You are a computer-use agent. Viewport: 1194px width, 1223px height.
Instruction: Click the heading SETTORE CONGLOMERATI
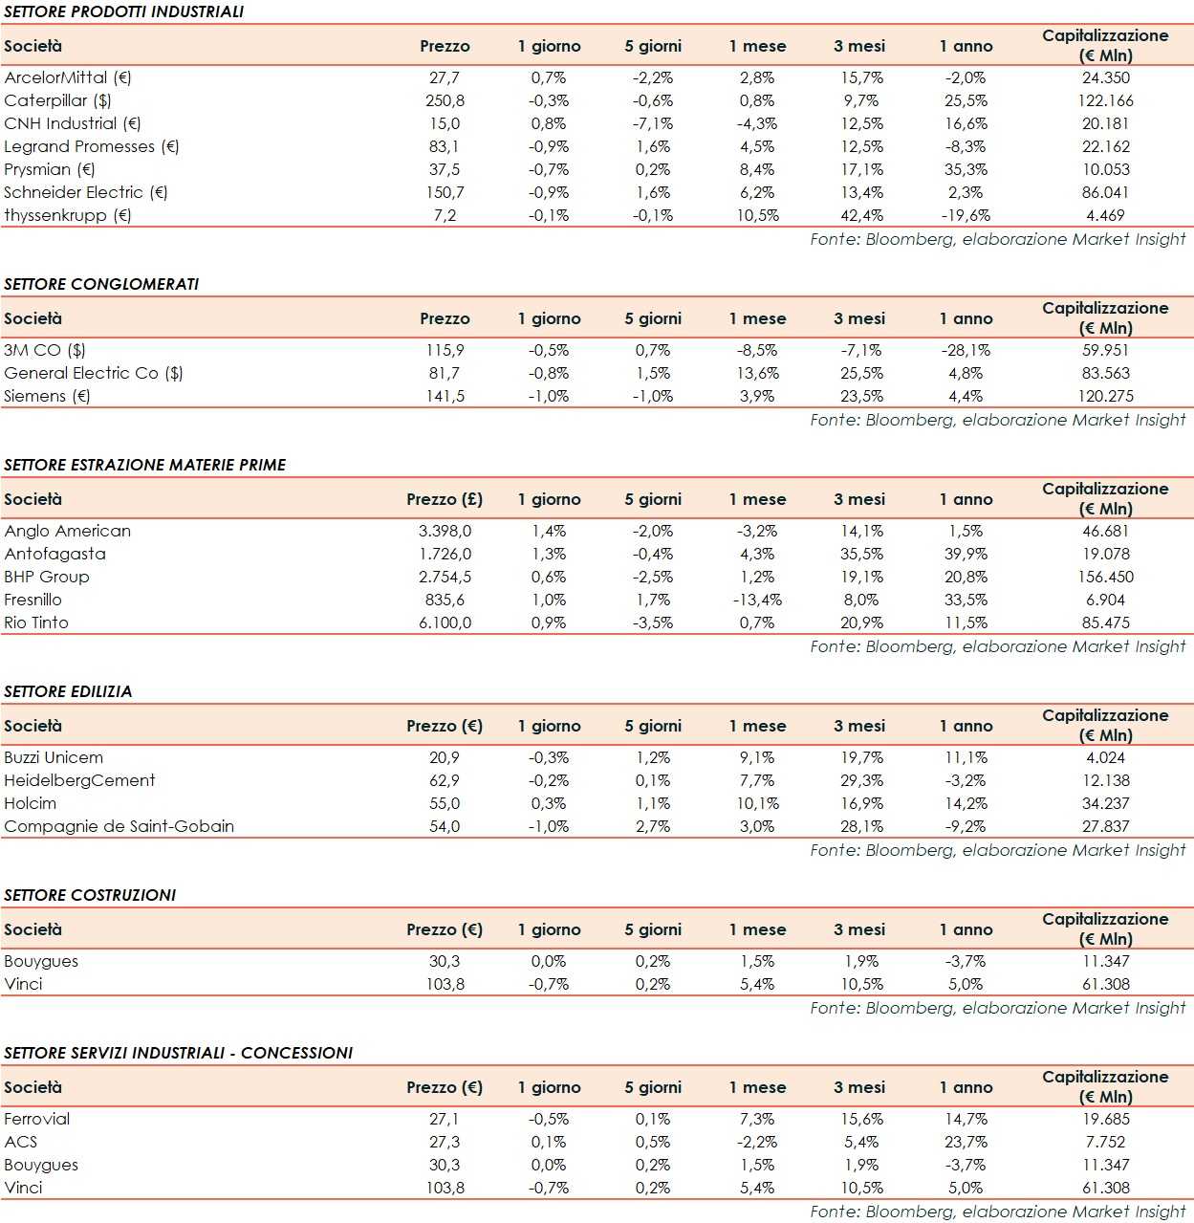pos(101,284)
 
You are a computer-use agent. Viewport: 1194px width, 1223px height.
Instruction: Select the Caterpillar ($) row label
pos(57,100)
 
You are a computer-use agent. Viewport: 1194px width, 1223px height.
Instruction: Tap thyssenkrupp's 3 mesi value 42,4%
pos(861,215)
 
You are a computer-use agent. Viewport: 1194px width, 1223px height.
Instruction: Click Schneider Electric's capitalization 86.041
pos(1105,192)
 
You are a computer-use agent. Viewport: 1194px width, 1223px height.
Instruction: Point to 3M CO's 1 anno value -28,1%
pos(966,350)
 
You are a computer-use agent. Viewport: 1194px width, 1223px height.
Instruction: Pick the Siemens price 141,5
pos(445,396)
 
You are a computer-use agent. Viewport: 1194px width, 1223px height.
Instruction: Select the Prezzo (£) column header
pos(445,499)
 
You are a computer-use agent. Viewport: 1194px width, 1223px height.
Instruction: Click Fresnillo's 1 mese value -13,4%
pos(757,600)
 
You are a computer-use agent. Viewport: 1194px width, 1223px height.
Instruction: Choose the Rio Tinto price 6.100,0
pos(445,622)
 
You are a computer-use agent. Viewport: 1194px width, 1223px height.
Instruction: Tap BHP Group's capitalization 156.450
pos(1105,577)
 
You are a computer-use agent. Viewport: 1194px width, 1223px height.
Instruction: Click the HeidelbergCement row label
pos(79,780)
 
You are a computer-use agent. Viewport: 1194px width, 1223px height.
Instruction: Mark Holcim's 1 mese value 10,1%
pos(757,803)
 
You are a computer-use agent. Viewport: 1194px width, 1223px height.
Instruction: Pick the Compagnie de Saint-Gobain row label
pos(119,826)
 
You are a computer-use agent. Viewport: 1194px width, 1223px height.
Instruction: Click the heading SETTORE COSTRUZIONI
pos(90,895)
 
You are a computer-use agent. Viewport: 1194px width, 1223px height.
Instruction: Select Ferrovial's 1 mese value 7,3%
pos(757,1119)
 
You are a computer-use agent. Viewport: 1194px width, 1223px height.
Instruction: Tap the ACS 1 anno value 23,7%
pos(966,1142)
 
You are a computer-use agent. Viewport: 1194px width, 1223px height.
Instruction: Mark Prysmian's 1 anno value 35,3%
pos(966,169)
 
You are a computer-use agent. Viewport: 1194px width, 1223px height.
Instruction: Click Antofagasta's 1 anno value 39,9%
pos(966,554)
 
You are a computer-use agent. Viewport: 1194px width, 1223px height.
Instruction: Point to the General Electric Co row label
pos(93,373)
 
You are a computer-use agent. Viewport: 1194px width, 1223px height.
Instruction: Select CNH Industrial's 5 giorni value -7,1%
pos(653,123)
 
